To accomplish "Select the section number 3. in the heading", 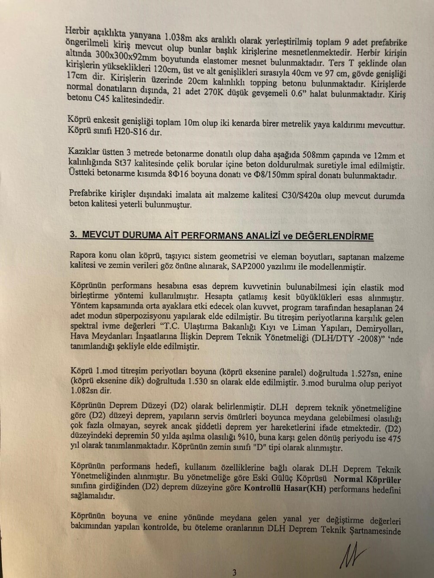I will point(73,234).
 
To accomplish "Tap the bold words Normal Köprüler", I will point(366,479).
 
